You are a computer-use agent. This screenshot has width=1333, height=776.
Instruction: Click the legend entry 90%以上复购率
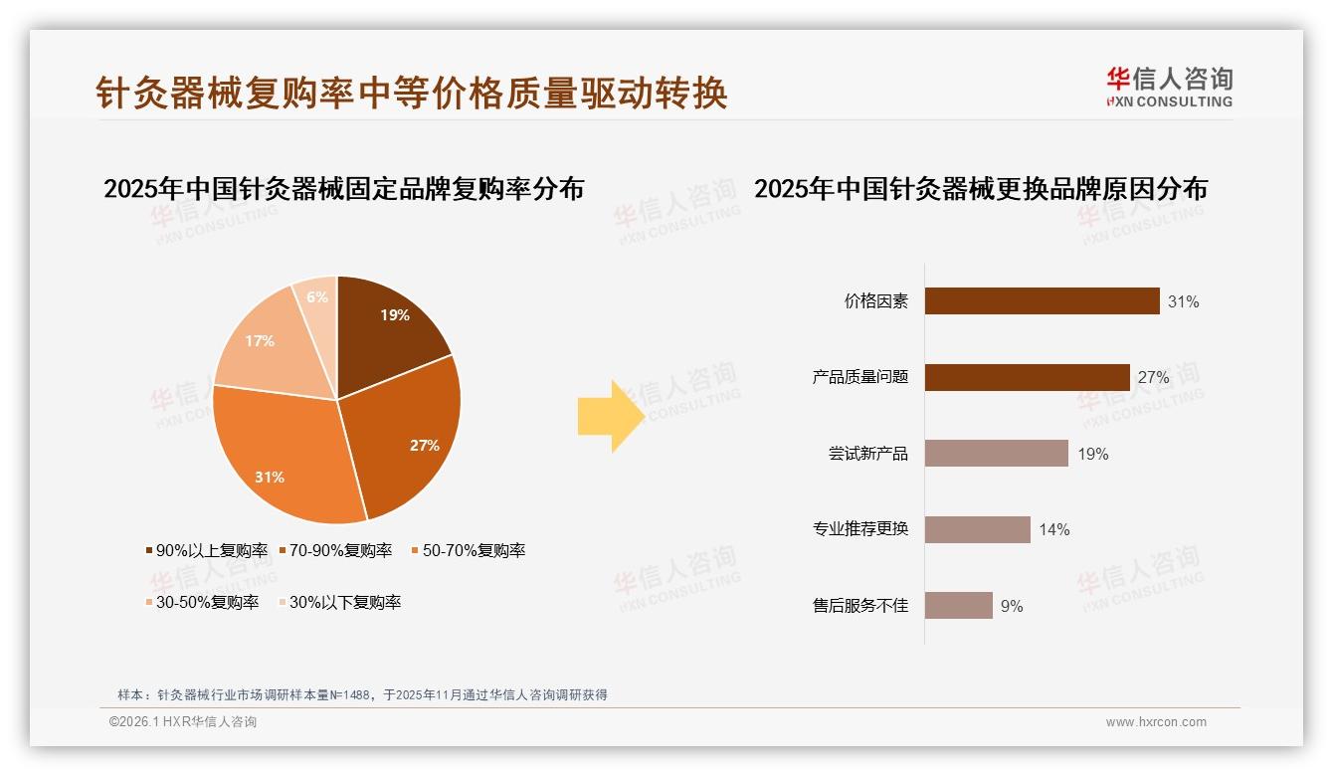point(207,550)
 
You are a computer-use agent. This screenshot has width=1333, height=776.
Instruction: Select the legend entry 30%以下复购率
point(339,602)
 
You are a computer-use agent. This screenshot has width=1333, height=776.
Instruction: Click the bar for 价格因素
point(1042,300)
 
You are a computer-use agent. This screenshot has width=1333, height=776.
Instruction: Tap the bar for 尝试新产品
point(996,454)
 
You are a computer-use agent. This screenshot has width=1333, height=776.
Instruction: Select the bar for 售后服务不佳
point(958,605)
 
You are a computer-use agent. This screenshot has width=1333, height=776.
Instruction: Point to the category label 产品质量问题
point(860,377)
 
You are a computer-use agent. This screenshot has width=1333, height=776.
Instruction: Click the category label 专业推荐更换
point(860,528)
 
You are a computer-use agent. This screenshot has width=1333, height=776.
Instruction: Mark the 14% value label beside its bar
point(1054,529)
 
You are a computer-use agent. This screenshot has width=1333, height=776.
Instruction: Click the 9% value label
point(1012,606)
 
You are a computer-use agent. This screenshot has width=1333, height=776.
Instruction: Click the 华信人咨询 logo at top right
point(1169,87)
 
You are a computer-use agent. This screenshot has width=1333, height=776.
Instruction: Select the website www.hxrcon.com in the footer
point(1156,722)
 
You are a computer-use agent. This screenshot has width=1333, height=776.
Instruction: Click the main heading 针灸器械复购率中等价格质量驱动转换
point(412,93)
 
